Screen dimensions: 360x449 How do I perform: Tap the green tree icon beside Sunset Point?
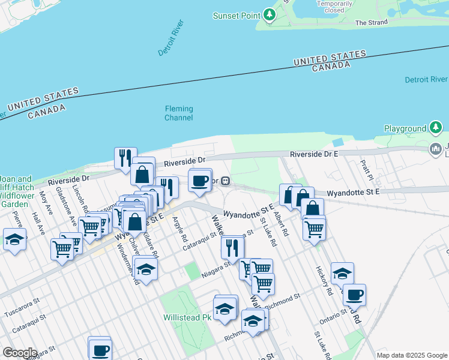click(270, 15)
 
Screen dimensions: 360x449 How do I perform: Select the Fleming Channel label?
click(179, 113)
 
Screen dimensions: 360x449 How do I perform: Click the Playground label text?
click(405, 128)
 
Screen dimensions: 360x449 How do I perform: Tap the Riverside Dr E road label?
click(314, 154)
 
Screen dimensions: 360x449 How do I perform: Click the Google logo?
click(20, 353)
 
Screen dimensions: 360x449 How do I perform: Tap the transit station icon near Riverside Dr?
click(226, 181)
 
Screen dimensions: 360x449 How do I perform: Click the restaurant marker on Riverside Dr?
click(125, 158)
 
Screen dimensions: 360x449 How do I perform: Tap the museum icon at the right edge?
click(435, 148)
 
